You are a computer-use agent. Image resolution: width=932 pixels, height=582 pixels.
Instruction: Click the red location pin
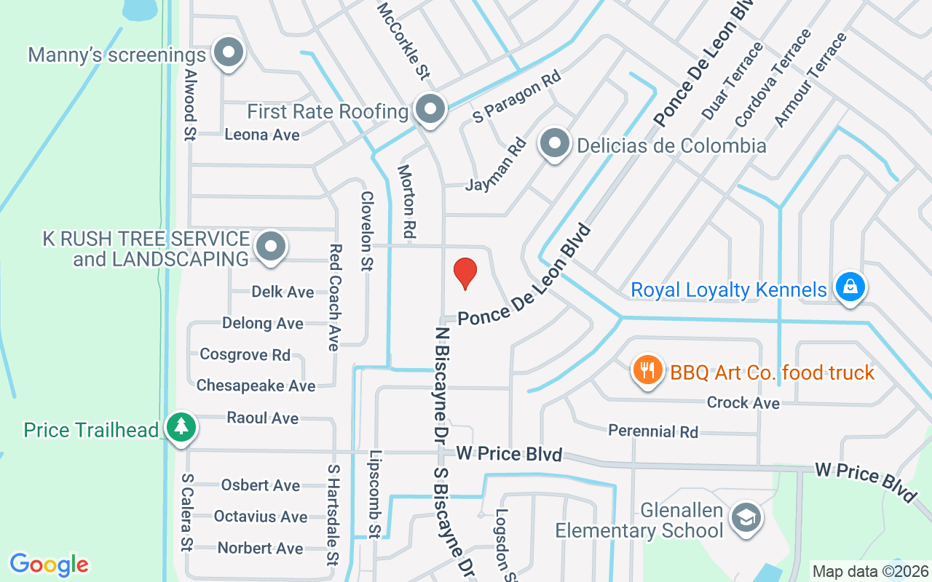(x=465, y=273)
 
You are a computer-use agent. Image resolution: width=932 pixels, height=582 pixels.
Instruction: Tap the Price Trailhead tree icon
(x=181, y=428)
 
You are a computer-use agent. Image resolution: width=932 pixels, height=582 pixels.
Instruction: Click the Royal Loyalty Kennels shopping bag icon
(x=849, y=287)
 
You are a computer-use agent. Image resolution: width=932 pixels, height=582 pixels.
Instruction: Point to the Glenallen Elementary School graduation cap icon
(x=746, y=518)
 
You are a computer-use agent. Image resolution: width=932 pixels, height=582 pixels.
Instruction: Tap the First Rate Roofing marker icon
(x=430, y=110)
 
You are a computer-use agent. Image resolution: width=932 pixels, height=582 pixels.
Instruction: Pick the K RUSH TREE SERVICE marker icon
(x=272, y=247)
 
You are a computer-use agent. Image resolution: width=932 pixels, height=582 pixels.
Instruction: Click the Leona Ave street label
(x=262, y=135)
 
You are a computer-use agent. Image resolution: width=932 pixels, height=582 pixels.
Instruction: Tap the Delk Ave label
(x=283, y=292)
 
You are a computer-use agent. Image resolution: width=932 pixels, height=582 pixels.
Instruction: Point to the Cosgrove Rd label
(x=245, y=355)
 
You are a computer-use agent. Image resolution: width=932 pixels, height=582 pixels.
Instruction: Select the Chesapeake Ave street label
(x=256, y=386)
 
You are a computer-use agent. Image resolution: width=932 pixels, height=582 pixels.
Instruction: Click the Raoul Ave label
(x=262, y=418)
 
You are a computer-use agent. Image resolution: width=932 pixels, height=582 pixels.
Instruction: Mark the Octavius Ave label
(x=260, y=517)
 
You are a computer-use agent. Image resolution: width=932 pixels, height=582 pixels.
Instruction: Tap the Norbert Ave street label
(x=260, y=548)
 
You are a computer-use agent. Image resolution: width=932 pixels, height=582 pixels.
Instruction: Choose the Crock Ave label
(x=743, y=402)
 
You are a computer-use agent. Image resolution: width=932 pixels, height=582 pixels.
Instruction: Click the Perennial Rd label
(x=653, y=431)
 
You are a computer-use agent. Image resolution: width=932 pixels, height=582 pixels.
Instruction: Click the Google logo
(x=49, y=564)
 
